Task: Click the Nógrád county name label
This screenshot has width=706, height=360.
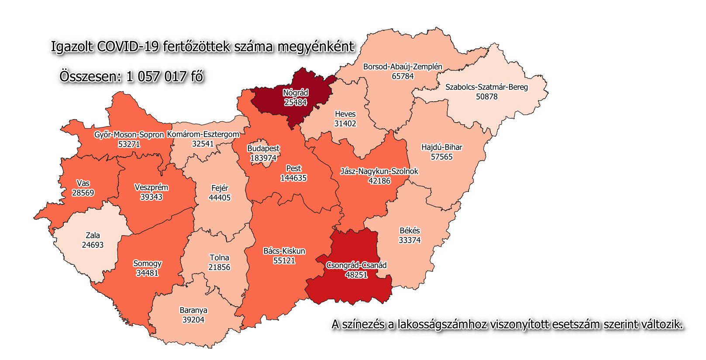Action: [x=296, y=93]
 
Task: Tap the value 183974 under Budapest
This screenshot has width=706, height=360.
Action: [x=263, y=158]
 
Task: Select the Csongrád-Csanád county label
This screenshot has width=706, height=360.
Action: [x=356, y=265]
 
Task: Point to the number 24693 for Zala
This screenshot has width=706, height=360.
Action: [x=93, y=245]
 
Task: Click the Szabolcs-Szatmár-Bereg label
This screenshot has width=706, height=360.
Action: [x=486, y=87]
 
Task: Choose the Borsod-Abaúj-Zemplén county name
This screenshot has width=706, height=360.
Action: [x=403, y=67]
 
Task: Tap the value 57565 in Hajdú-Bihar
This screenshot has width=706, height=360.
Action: [x=441, y=157]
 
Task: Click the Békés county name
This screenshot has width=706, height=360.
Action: [x=410, y=230]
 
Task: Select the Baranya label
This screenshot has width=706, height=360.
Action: [x=193, y=310]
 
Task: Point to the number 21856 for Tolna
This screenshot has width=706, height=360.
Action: [x=219, y=267]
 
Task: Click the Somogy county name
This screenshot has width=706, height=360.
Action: [x=147, y=264]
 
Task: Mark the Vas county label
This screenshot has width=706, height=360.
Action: [x=83, y=183]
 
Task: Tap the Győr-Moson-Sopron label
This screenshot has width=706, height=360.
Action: [x=129, y=135]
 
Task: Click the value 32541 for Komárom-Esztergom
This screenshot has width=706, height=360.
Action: [x=203, y=144]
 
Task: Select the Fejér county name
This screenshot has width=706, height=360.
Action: [x=220, y=188]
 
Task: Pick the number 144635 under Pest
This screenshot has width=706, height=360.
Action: [x=293, y=178]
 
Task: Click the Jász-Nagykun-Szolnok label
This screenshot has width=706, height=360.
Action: [x=379, y=171]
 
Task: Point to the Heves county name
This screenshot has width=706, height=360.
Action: [x=345, y=114]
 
